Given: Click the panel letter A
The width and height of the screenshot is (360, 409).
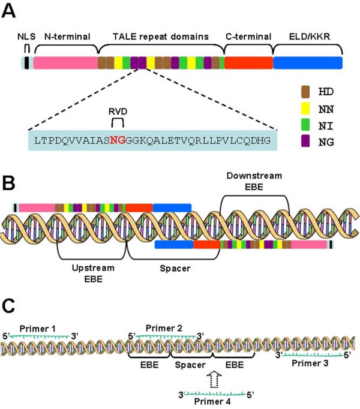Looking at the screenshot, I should point(11,10).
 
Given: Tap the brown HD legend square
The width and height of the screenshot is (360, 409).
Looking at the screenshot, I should point(304,91).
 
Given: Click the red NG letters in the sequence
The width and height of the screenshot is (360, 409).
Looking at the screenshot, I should point(118,140).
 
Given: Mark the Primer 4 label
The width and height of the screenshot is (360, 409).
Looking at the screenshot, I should point(213,404).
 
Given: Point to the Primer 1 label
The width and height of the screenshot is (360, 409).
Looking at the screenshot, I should point(38,329).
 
